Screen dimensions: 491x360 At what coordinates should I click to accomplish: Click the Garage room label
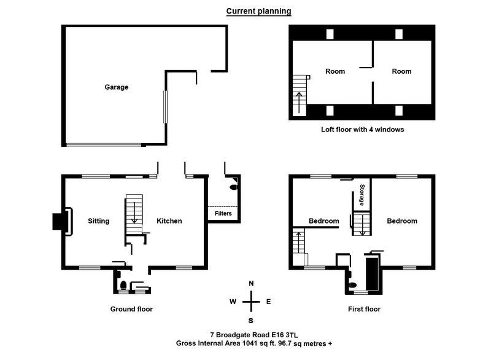117,87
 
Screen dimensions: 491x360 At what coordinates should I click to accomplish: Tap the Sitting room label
99,221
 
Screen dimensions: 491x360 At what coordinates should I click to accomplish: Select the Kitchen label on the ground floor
169,221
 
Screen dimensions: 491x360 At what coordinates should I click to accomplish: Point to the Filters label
223,213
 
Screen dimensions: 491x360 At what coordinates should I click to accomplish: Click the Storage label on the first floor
362,195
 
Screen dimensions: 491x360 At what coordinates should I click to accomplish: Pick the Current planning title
258,11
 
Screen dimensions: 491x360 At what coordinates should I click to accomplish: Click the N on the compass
251,284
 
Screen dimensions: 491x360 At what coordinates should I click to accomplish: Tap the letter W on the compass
233,302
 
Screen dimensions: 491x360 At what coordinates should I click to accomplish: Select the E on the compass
268,302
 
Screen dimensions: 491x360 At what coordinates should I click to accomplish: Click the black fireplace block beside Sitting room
58,221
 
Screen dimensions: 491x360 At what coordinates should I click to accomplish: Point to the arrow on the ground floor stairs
134,213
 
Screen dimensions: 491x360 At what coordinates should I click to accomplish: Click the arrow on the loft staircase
300,102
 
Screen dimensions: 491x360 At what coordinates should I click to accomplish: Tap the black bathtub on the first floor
373,273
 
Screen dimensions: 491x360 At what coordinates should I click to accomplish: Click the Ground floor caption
131,309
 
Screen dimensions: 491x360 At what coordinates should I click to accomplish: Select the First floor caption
364,309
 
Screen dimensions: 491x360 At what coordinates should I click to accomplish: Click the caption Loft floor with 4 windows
362,130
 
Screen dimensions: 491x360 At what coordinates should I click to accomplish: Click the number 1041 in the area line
250,343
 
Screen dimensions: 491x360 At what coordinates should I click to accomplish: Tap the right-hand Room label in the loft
401,71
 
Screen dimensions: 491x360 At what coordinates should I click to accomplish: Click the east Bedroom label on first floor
402,221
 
